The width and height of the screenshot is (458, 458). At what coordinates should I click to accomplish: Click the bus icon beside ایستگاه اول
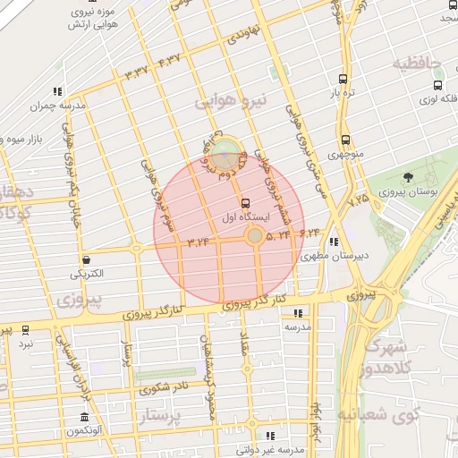pos(246,202)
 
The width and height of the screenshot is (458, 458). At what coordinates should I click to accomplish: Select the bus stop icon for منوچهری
pos(345,140)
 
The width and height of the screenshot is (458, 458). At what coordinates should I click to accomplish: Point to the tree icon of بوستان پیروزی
pos(409,177)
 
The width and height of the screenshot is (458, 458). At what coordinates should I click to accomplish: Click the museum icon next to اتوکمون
pos(84,418)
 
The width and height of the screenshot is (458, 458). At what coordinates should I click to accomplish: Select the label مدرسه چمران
pos(59,105)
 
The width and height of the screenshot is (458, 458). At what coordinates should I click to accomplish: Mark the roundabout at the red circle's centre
pos(255,235)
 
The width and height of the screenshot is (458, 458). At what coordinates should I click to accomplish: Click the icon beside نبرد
pos(25,329)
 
